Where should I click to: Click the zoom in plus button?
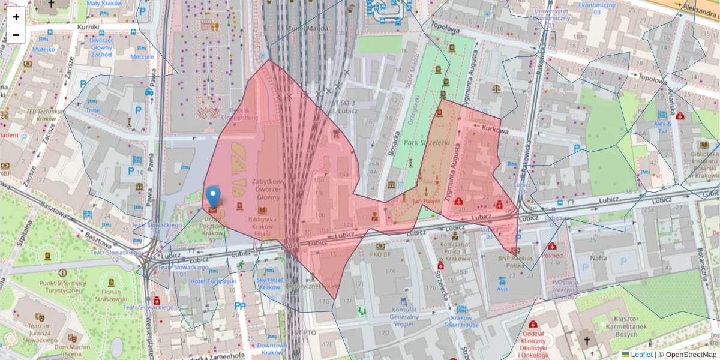16,17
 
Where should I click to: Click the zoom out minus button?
16,35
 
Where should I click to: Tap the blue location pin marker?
213,196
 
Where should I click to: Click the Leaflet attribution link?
641,355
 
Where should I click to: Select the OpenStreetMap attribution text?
691,355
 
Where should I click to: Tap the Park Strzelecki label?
427,143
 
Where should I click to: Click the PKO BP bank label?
380,254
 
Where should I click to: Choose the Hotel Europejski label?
214,281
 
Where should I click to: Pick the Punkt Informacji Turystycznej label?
60,287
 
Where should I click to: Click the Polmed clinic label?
552,255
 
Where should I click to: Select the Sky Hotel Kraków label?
269,283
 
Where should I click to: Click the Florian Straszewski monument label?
110,295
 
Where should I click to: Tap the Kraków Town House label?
461,321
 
